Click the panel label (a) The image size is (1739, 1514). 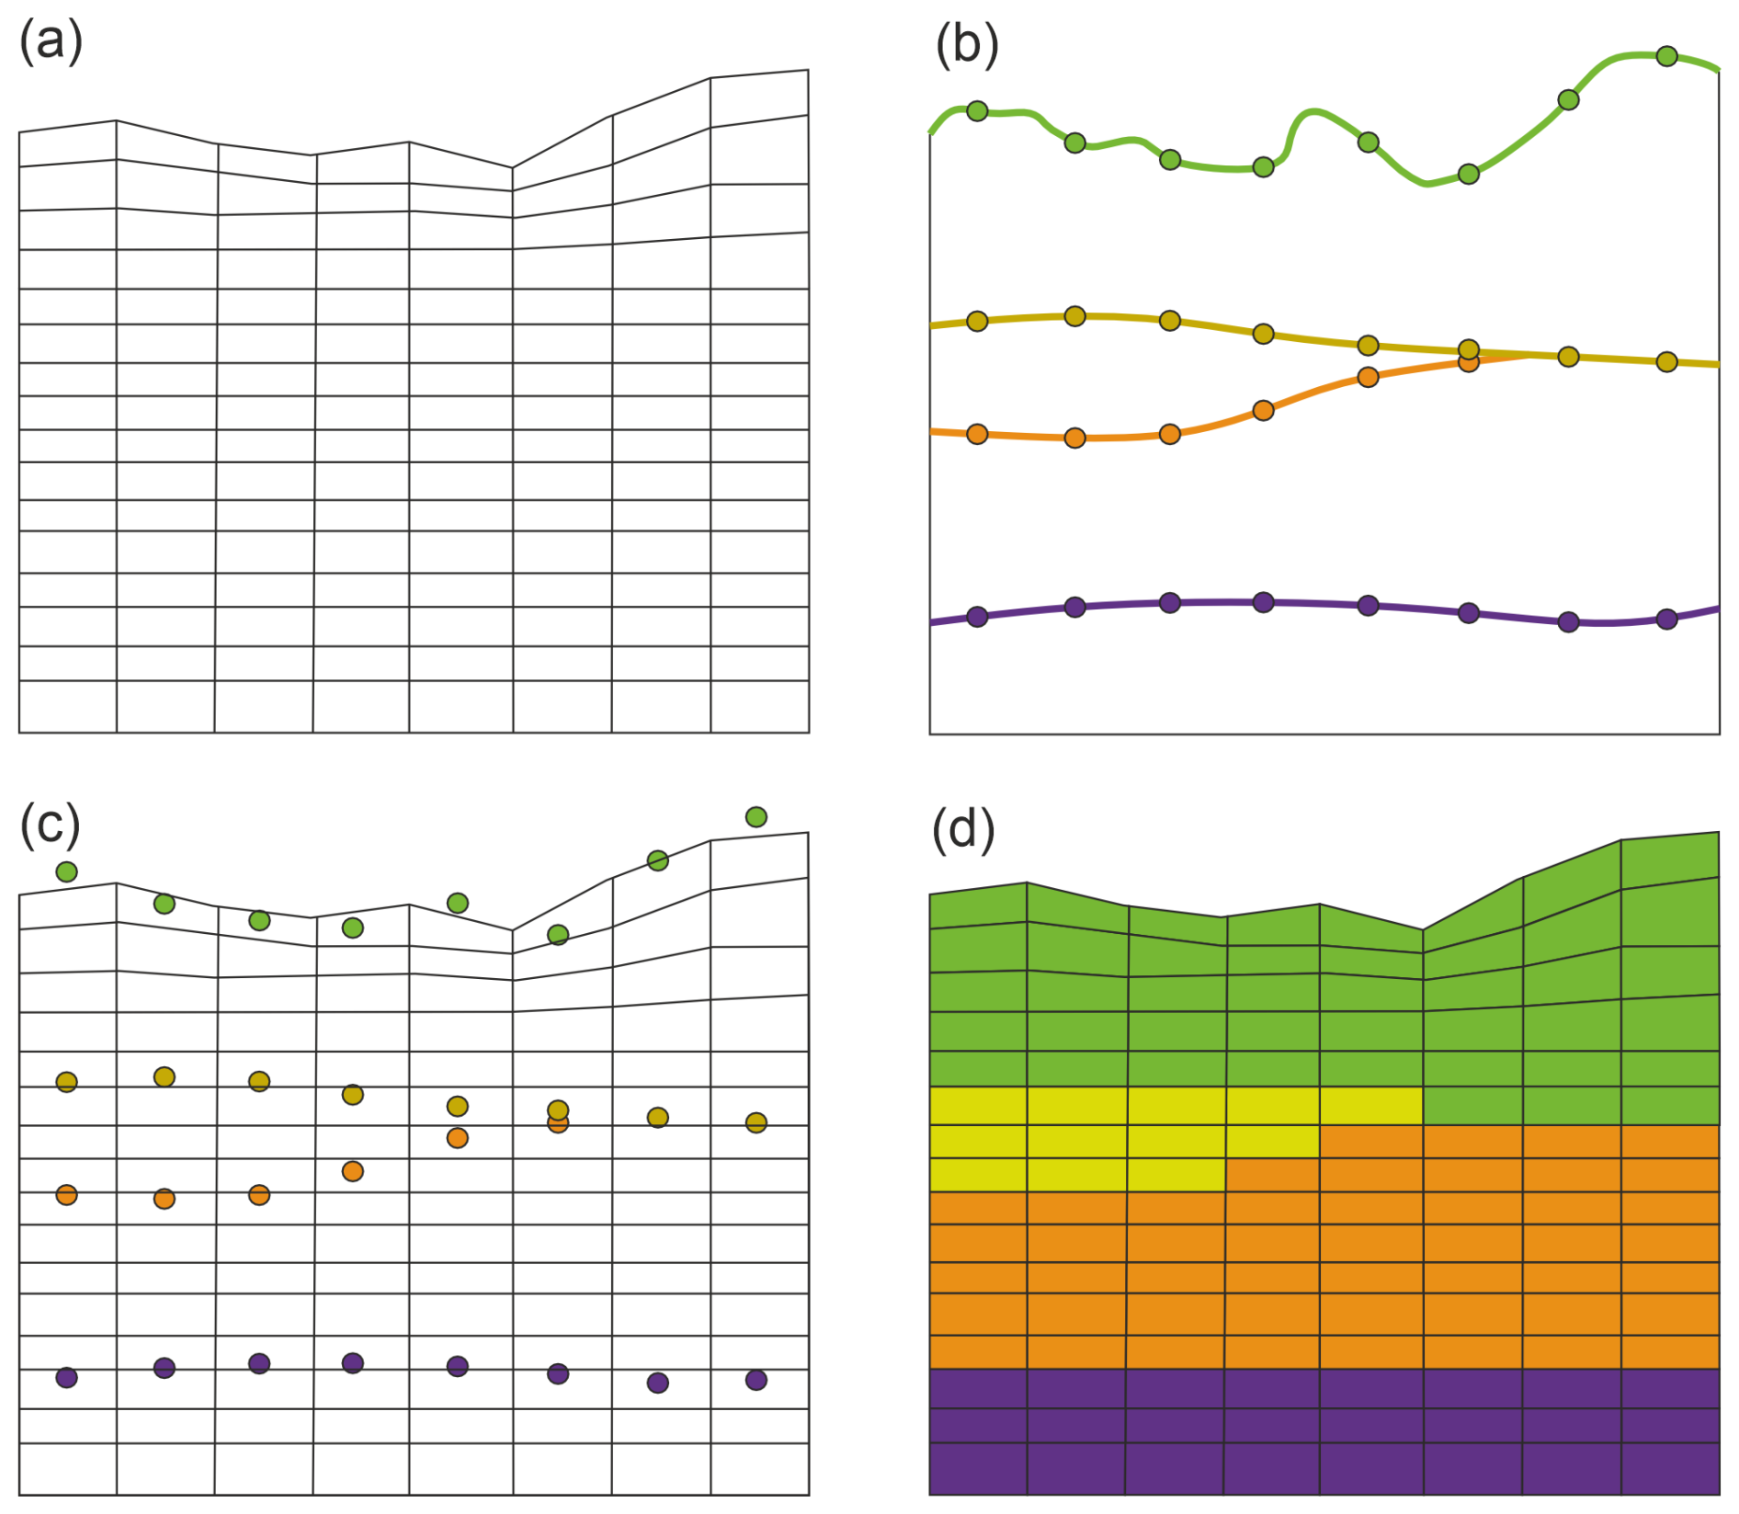[x=51, y=42]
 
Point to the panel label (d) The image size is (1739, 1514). [x=963, y=829]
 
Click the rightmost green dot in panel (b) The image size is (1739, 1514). [x=1666, y=57]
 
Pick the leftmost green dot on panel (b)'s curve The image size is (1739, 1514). [x=977, y=111]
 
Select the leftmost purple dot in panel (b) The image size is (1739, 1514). [x=977, y=617]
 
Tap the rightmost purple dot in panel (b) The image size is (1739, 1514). [x=1666, y=620]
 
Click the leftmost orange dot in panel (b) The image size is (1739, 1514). [x=977, y=434]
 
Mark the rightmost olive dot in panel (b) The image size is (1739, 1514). [x=1666, y=362]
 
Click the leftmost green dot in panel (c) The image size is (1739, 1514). [x=66, y=871]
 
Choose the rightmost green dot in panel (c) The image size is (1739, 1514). [x=756, y=817]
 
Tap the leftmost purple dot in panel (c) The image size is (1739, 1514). [x=66, y=1378]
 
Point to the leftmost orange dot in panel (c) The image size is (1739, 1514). [x=66, y=1195]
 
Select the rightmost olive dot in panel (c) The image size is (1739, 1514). [x=756, y=1122]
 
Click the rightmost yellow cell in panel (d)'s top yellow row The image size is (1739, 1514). [x=1371, y=1106]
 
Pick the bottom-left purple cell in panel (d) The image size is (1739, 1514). [x=978, y=1469]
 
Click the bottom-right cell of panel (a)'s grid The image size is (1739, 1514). [x=760, y=707]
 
